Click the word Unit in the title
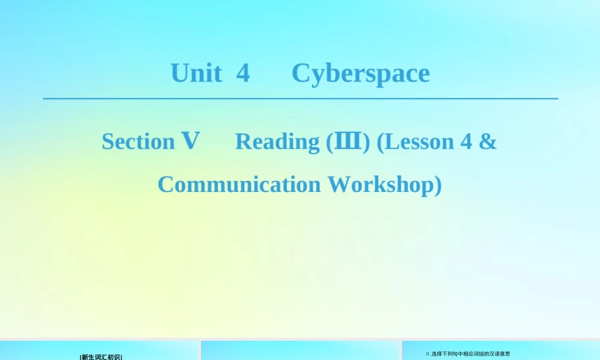tap(196, 73)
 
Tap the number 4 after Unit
tap(242, 73)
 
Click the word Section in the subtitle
tap(138, 142)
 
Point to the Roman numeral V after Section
tap(190, 141)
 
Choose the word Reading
tap(277, 142)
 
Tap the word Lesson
tap(419, 142)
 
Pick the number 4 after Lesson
tap(466, 142)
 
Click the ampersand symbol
tap(488, 142)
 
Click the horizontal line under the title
tap(300, 98)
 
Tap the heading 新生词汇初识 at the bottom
tap(101, 357)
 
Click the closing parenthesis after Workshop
tap(437, 185)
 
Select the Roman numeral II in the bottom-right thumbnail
tap(428, 354)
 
